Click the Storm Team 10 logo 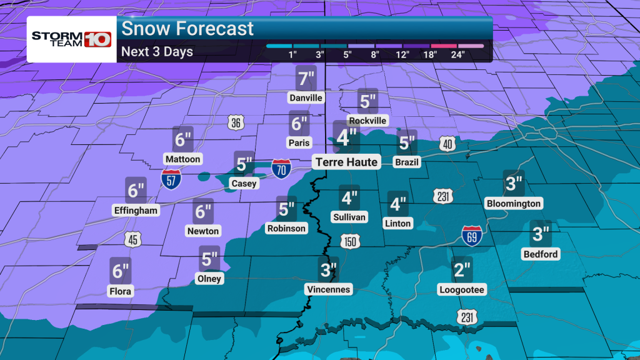[x=71, y=39]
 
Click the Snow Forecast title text [x=187, y=28]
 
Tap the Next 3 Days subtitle [x=157, y=51]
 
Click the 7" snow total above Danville [x=306, y=79]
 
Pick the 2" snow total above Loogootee [x=462, y=271]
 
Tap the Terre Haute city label [x=346, y=162]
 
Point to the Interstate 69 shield [x=472, y=236]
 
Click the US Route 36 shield [x=235, y=122]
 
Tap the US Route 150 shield [x=349, y=241]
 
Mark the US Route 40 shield [x=446, y=142]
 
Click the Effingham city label [x=136, y=210]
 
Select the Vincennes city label [x=328, y=289]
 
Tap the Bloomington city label [x=513, y=203]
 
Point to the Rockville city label [x=367, y=120]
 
